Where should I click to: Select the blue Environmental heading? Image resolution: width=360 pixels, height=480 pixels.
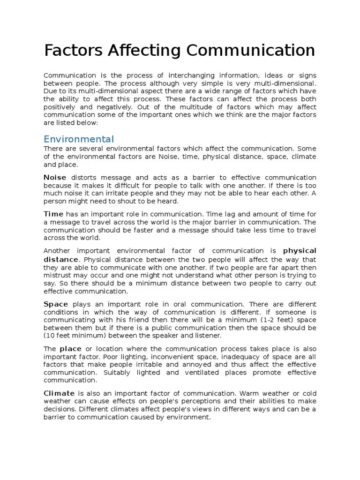(78, 139)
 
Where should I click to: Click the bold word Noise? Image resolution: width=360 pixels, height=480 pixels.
(55, 177)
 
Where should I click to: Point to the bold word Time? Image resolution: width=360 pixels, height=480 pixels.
(53, 214)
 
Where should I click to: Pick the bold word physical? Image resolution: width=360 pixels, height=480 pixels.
(300, 250)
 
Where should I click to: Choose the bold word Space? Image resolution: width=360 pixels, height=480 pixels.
(56, 304)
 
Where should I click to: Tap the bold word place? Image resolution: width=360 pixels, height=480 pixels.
(70, 349)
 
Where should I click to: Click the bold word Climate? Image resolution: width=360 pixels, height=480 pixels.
(59, 393)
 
